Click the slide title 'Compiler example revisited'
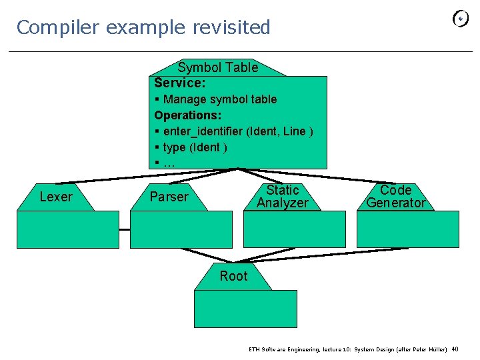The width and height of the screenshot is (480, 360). [143, 27]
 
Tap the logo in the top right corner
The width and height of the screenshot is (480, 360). [460, 19]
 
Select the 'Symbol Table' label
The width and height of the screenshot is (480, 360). [217, 67]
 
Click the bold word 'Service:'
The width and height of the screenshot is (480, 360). [179, 83]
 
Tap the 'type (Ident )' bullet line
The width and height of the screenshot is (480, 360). [191, 147]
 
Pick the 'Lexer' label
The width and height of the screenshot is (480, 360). [56, 197]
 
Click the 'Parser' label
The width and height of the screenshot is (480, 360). [169, 197]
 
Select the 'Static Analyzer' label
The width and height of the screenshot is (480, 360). [282, 197]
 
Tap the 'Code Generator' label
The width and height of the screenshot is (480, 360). [395, 197]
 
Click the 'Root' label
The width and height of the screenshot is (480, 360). [233, 276]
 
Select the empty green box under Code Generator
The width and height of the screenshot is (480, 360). [407, 229]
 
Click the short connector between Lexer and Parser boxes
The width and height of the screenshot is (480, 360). [124, 229]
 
